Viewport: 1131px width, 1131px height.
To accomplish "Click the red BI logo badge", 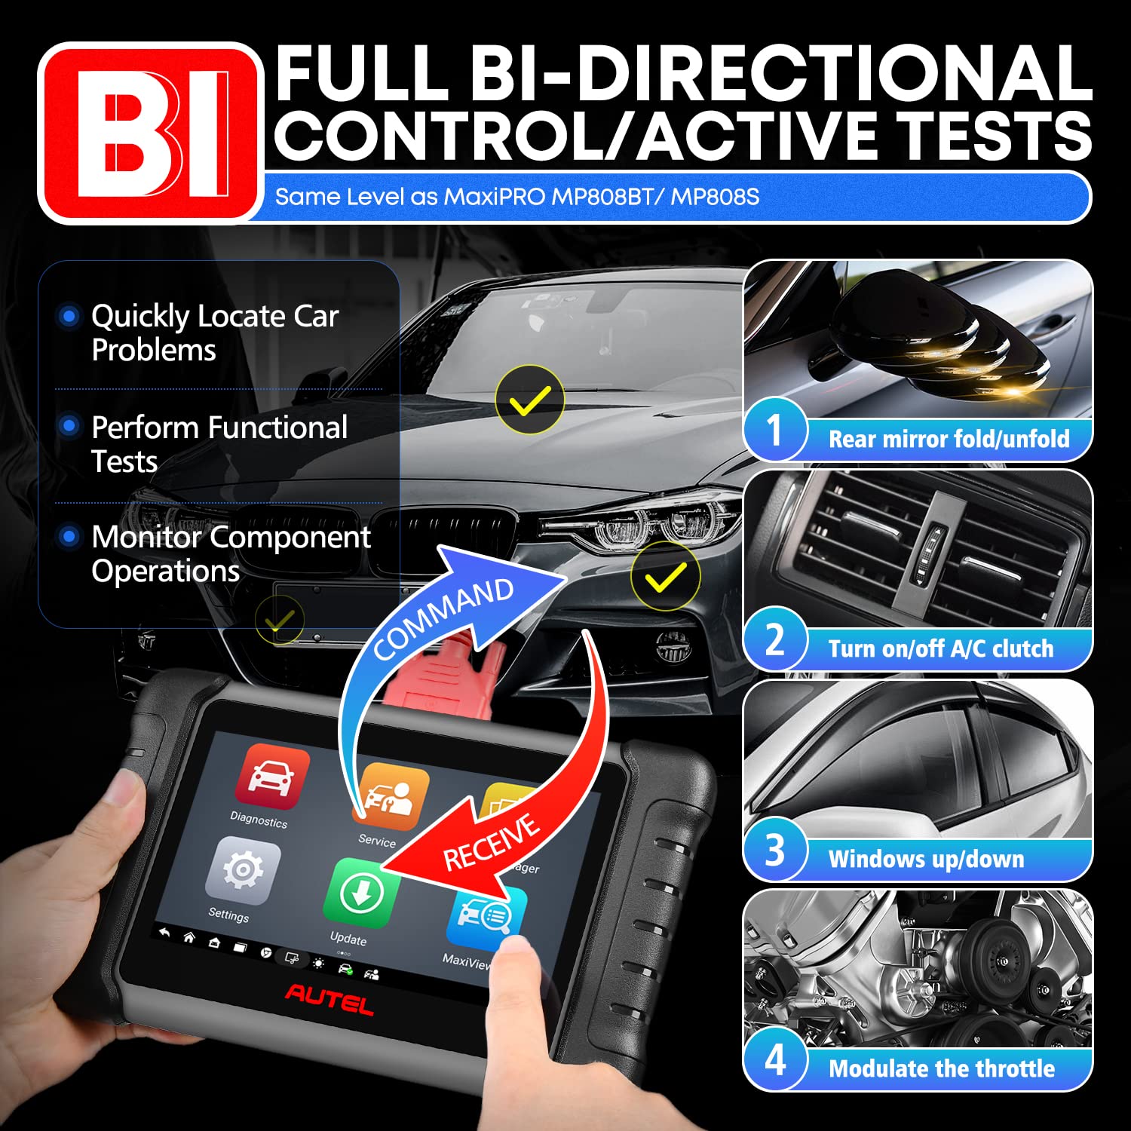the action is click(x=150, y=133).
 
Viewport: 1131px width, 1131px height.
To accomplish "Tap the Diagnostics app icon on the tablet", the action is click(x=272, y=777).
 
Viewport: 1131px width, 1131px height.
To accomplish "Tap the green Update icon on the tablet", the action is click(x=361, y=893).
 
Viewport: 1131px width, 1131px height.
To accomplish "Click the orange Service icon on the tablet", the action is click(x=391, y=797).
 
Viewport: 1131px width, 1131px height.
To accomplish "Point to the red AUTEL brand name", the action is click(x=329, y=998).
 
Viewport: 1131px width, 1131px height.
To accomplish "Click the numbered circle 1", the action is click(x=775, y=431).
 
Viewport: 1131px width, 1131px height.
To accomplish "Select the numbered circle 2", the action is click(x=775, y=639).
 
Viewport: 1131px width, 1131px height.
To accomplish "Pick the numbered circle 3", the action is click(x=775, y=850).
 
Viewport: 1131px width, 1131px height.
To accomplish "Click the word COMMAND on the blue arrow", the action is click(x=443, y=618).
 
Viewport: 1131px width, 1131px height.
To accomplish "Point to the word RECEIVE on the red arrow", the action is click(x=491, y=842).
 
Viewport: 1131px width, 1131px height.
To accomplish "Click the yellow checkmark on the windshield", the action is click(x=530, y=400).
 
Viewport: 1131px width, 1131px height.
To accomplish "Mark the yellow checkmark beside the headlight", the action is click(x=665, y=576).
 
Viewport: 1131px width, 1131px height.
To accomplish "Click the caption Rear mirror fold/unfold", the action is click(x=949, y=439).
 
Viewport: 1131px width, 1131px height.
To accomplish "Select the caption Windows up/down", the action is click(x=926, y=859).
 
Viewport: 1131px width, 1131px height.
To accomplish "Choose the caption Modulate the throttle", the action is click(x=942, y=1068).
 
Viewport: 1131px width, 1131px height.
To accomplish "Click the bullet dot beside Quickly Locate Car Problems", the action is click(x=69, y=316).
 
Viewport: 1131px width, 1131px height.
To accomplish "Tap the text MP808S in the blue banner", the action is click(x=715, y=198).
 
